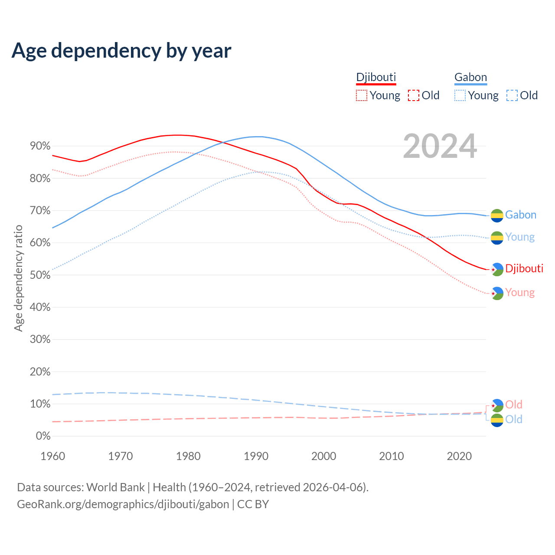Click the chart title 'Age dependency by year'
click(x=121, y=50)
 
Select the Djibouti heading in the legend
click(x=376, y=77)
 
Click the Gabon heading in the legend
click(x=470, y=77)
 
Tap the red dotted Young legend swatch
click(x=361, y=95)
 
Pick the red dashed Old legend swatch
click(x=414, y=95)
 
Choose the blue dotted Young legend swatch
click(x=460, y=95)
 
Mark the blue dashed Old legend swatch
click(x=512, y=95)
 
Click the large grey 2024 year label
click(x=440, y=146)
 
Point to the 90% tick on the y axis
click(x=40, y=146)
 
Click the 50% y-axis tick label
click(x=40, y=275)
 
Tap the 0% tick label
click(x=43, y=436)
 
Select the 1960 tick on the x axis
click(x=52, y=456)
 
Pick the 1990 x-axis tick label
click(x=256, y=456)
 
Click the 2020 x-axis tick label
click(x=459, y=456)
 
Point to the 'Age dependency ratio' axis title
click(x=18, y=278)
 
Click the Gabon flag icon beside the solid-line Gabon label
click(x=497, y=215)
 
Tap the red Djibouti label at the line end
click(x=524, y=268)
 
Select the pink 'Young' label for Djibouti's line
click(x=520, y=293)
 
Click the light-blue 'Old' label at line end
click(x=514, y=419)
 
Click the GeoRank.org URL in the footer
click(x=123, y=504)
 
